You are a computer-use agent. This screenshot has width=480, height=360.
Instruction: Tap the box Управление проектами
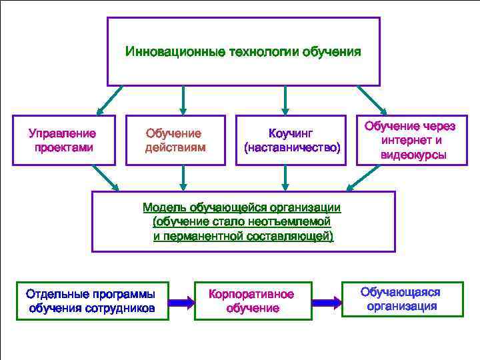point(65,140)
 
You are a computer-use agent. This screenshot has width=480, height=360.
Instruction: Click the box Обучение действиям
point(175,140)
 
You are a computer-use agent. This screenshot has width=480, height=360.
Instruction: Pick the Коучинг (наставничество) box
point(291,140)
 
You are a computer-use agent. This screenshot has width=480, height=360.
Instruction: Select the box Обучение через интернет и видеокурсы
point(412,140)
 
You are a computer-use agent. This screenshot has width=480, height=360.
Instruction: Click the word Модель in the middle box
point(166,208)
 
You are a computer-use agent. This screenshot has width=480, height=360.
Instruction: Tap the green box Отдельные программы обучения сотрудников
point(92,301)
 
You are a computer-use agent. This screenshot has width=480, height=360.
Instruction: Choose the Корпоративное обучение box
point(253,301)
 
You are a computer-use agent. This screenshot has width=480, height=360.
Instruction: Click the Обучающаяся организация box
point(401,299)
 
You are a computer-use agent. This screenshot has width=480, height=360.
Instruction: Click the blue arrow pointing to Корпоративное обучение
point(181,302)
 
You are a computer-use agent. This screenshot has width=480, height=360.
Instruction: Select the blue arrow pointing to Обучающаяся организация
point(327,302)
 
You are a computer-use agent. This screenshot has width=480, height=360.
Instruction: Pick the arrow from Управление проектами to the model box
point(104,177)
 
